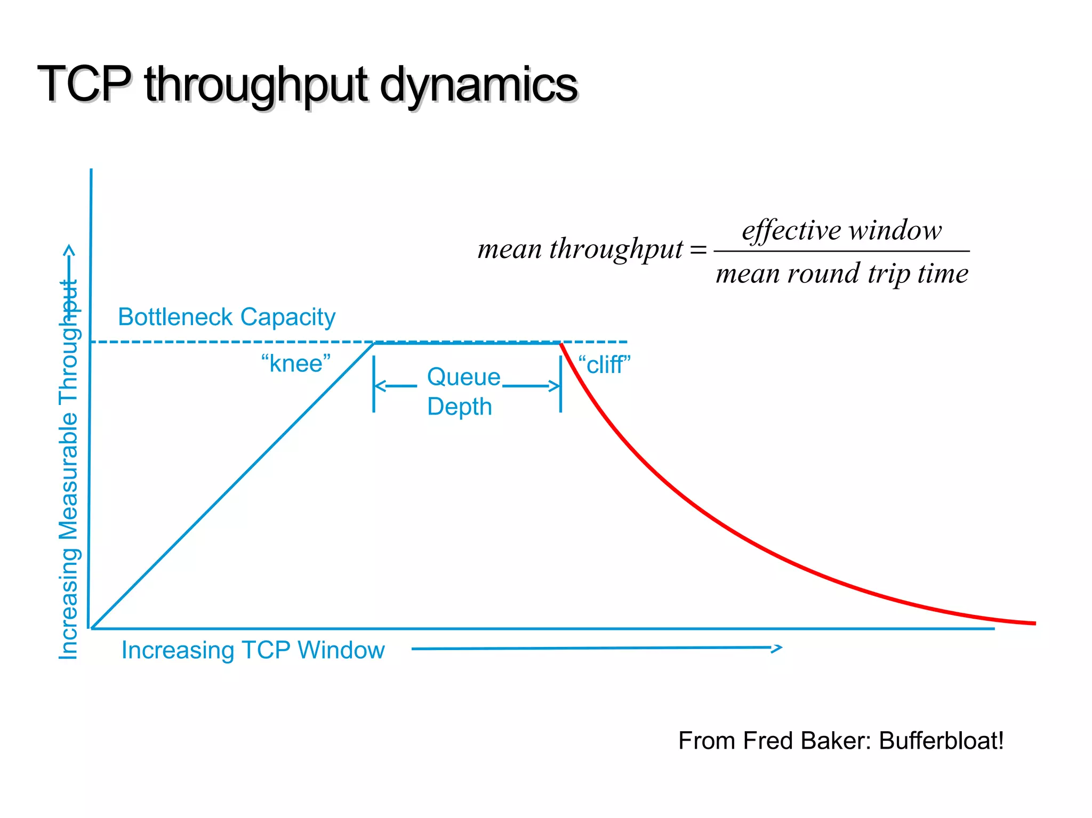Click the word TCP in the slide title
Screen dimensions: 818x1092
[84, 84]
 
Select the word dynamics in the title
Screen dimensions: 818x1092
[478, 85]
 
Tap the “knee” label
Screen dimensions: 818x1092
[296, 364]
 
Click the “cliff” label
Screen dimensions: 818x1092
[604, 366]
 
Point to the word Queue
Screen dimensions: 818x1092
[463, 377]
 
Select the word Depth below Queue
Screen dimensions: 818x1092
[459, 407]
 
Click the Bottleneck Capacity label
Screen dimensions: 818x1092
[227, 317]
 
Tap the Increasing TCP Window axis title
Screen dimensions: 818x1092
[253, 650]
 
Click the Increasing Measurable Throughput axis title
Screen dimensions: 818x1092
[69, 469]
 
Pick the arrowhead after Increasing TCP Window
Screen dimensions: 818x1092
[777, 648]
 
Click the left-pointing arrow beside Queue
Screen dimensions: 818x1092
[395, 386]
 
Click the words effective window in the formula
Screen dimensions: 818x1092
[841, 231]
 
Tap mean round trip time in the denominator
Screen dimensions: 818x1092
[841, 274]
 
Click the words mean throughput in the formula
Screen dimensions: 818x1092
[580, 249]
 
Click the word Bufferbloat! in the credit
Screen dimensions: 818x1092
[941, 741]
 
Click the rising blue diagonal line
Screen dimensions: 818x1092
[232, 486]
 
